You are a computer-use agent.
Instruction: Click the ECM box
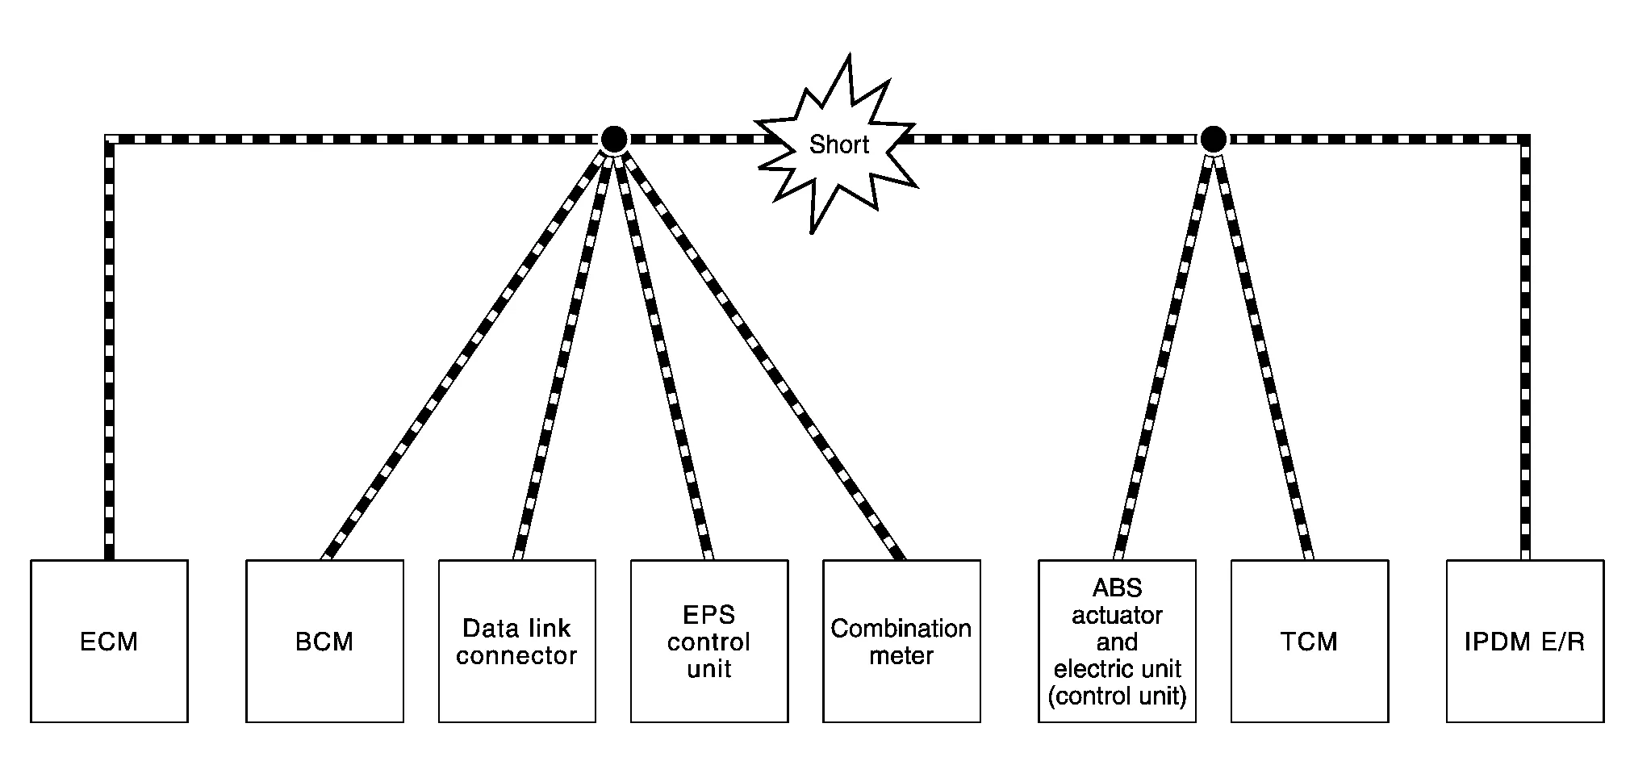109,641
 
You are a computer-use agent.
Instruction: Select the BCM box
324,641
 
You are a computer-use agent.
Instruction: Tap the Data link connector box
516,641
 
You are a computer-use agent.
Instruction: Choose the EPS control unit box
708,641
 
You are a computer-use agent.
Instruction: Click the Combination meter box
901,641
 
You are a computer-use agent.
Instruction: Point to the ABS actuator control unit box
1117,641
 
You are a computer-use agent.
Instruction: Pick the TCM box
1309,641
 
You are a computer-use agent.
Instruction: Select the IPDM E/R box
1524,641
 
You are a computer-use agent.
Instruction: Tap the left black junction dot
613,140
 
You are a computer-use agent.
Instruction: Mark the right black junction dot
1212,140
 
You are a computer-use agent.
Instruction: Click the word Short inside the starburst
839,145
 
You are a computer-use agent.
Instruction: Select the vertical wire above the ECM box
109,347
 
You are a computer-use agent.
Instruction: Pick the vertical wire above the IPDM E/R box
1524,347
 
